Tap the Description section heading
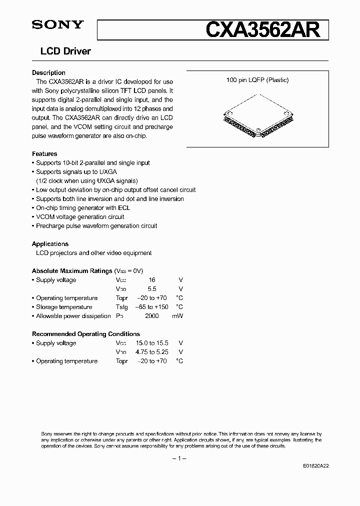48,73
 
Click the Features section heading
44,154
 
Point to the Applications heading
50,244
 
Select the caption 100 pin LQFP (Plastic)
257,80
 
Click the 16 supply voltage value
152,280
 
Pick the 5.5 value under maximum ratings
152,289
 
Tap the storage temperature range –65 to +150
152,307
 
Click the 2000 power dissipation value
152,316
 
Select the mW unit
178,316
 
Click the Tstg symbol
121,307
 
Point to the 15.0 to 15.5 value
152,343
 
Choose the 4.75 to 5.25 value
152,352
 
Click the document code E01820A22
316,465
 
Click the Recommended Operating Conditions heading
86,334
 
